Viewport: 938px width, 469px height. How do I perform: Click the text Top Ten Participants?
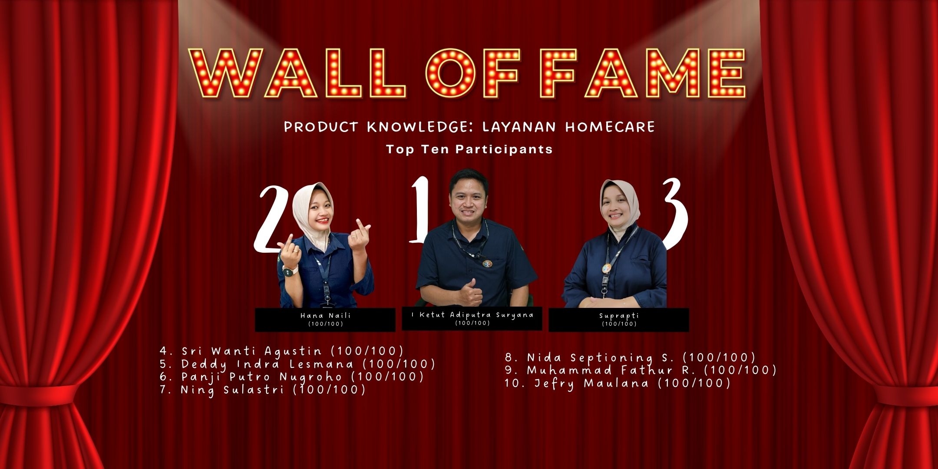[x=469, y=149]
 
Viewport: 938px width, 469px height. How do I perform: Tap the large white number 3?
[x=674, y=215]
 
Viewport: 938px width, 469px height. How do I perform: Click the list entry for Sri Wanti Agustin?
[x=281, y=351]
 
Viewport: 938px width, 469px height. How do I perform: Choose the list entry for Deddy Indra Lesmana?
[x=297, y=364]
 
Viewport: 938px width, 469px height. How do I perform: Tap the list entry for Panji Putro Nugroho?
[x=292, y=377]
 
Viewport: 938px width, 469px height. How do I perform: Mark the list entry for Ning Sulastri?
[x=263, y=390]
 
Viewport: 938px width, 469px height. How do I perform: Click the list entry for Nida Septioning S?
[x=630, y=357]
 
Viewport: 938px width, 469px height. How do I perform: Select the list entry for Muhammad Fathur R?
[x=641, y=370]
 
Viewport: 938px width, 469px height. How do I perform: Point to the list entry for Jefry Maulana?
[x=618, y=383]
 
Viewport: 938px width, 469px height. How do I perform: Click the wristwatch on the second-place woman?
[x=290, y=271]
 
